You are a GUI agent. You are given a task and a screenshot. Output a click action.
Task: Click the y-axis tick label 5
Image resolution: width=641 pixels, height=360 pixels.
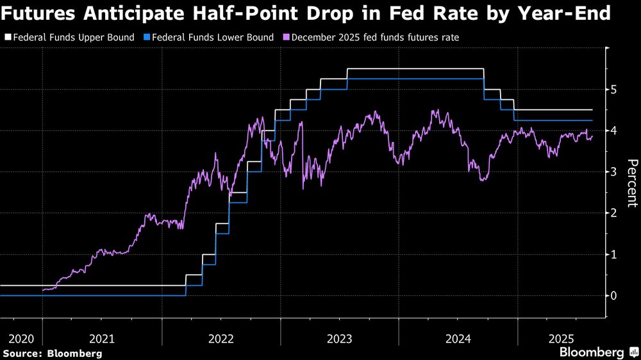(613, 90)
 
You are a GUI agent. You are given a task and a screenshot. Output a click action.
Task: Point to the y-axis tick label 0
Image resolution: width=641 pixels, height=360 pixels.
(613, 296)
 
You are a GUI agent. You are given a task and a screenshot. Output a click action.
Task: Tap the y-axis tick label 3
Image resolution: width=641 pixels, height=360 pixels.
(613, 172)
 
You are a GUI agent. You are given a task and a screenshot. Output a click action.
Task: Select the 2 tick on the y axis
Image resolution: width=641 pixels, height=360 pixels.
(613, 213)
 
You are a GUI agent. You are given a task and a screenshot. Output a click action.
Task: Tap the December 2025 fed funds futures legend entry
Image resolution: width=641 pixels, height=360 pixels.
(374, 38)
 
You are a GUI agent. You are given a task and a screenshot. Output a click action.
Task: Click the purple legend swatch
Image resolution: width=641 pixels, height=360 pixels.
(287, 38)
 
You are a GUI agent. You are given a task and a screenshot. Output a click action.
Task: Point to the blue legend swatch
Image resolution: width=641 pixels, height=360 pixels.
(147, 38)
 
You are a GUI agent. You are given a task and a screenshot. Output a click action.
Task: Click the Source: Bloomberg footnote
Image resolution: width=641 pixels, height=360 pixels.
(52, 353)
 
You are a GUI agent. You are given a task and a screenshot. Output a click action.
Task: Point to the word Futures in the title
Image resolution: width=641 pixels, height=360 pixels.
(40, 12)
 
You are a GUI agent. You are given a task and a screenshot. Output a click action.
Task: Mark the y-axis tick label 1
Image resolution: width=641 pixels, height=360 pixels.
(613, 255)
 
